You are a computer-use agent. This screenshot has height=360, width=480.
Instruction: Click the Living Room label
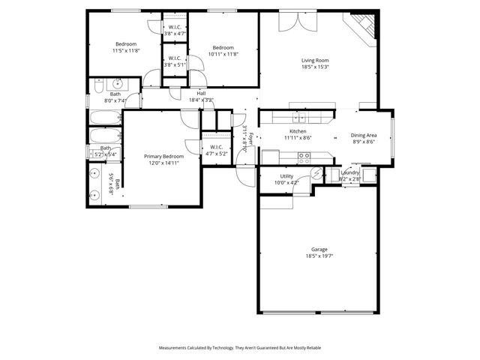pyautogui.click(x=315, y=61)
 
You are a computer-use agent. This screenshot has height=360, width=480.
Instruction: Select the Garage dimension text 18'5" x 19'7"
pyautogui.click(x=319, y=256)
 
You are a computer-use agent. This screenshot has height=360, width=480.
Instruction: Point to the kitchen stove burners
pyautogui.click(x=304, y=157)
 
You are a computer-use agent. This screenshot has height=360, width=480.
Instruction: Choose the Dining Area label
pyautogui.click(x=364, y=136)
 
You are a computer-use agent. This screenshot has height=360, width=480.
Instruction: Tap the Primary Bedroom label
pyautogui.click(x=163, y=156)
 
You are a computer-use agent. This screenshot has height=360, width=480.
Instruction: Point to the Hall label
pyautogui.click(x=201, y=94)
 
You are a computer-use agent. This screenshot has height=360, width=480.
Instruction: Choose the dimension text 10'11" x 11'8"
pyautogui.click(x=223, y=53)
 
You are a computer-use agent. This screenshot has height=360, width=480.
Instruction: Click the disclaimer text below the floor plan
pyautogui.click(x=239, y=348)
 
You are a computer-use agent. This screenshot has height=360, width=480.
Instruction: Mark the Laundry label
pyautogui.click(x=349, y=173)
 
